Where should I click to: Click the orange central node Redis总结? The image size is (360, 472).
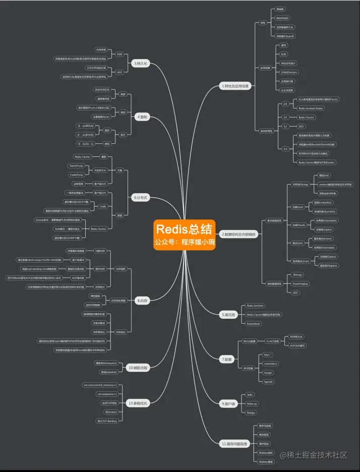[x=185, y=234]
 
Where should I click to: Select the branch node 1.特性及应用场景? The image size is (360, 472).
[x=235, y=86]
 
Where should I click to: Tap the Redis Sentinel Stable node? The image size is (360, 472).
[x=311, y=108]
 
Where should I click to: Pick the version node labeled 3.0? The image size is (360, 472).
[x=285, y=117]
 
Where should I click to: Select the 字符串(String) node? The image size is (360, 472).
[x=297, y=185]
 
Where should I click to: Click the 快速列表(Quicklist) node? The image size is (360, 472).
[x=325, y=211]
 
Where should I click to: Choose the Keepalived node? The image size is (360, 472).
[x=254, y=323]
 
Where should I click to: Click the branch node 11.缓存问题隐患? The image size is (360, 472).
[x=235, y=443]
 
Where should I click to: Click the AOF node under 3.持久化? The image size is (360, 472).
[x=120, y=72]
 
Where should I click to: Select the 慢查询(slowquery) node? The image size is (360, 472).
[x=106, y=363]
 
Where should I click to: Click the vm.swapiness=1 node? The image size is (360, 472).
[x=107, y=394]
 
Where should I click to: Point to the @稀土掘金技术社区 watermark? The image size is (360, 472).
[x=314, y=455]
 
